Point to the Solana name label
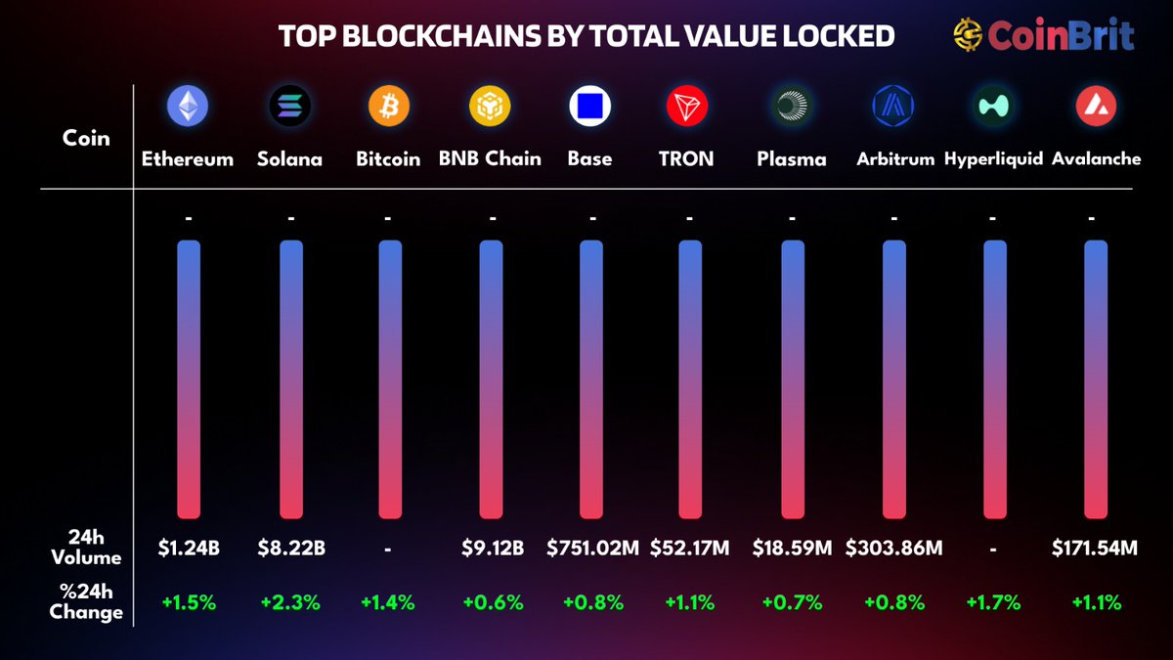[289, 158]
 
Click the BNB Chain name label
[490, 158]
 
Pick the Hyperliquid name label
[993, 158]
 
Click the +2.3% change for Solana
[290, 602]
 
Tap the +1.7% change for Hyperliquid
[993, 602]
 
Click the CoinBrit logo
[1043, 36]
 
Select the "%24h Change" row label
[86, 602]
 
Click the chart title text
[586, 36]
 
